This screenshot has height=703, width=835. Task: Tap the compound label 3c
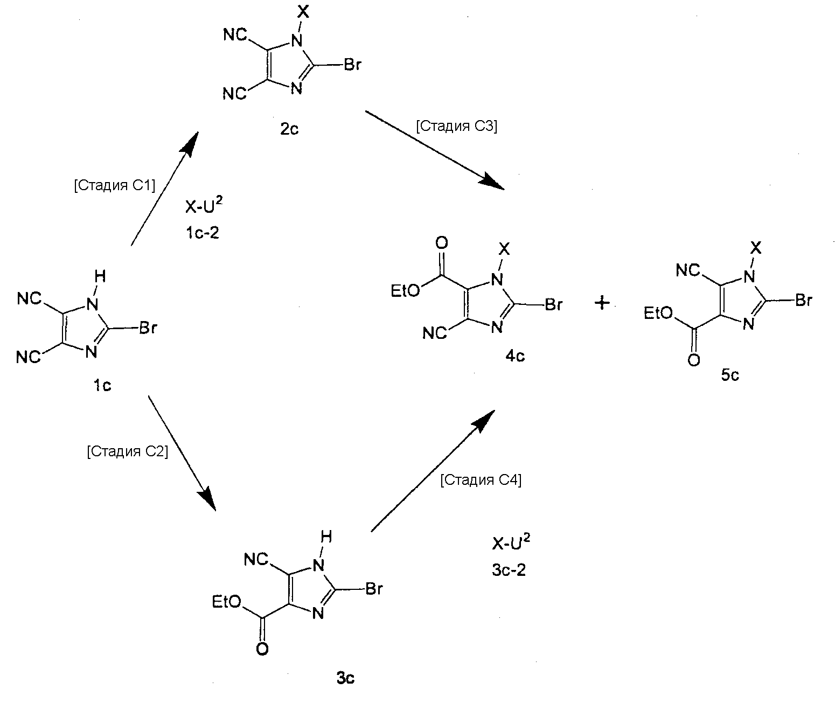(x=345, y=678)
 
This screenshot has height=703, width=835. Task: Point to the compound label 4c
(x=515, y=357)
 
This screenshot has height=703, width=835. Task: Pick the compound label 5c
(x=730, y=375)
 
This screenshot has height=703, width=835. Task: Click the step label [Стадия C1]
(x=114, y=186)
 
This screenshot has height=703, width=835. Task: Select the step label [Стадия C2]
(x=127, y=451)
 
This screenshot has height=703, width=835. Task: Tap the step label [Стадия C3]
(x=456, y=127)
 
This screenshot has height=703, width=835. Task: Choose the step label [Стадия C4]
(x=481, y=480)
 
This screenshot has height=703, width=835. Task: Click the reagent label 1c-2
(x=201, y=233)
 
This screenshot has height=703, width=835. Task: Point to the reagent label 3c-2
(x=509, y=570)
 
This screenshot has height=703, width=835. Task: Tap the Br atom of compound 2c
(x=352, y=66)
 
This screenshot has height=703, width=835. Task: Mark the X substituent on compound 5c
(x=756, y=248)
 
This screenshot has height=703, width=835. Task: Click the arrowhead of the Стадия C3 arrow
(x=495, y=183)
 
